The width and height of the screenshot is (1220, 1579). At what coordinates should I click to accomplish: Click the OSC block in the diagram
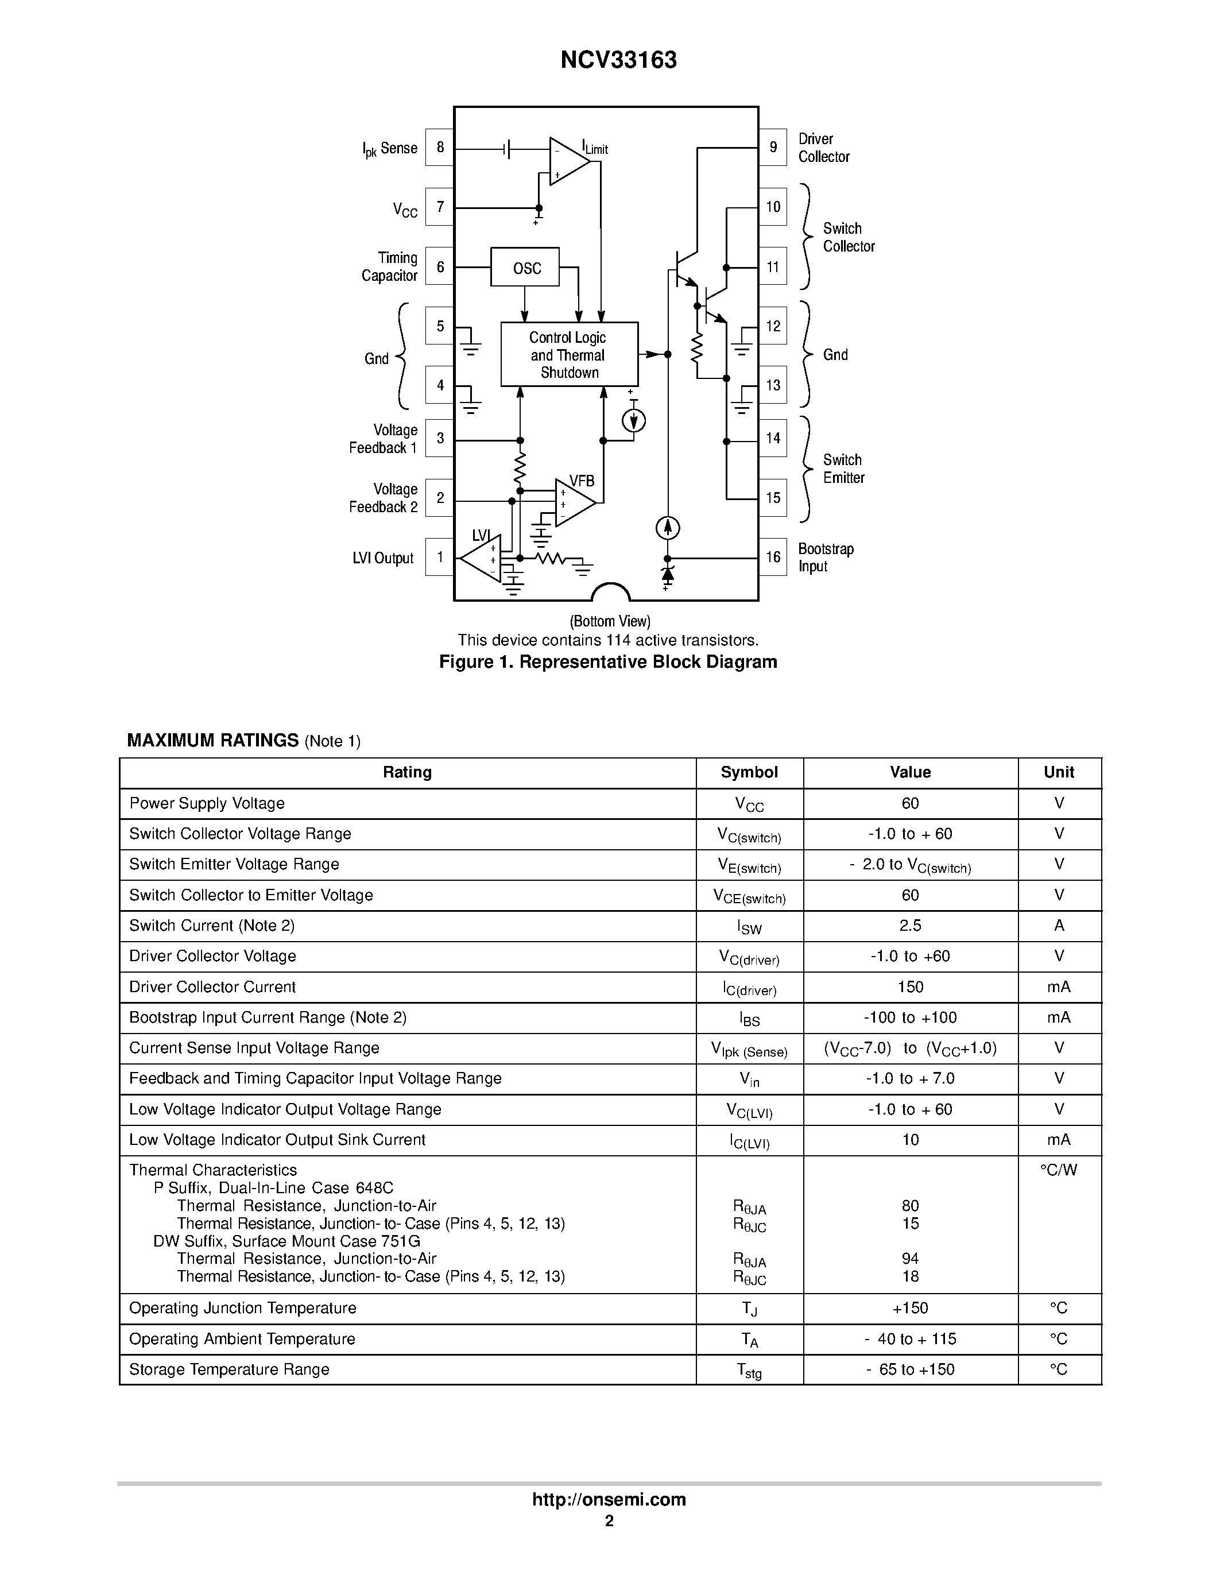525,268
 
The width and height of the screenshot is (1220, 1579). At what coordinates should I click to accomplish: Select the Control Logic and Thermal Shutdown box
569,354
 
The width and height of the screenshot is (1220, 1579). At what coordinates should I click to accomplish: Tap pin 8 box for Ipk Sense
439,148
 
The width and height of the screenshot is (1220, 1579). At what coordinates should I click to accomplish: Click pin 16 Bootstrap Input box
773,557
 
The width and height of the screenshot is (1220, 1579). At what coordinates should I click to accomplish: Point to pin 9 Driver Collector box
773,148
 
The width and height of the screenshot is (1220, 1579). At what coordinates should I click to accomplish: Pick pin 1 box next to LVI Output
439,557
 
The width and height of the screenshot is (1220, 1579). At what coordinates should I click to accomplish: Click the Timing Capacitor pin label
390,267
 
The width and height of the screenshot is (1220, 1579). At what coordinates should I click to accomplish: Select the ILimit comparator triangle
568,161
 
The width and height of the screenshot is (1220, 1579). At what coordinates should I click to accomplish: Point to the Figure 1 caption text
608,662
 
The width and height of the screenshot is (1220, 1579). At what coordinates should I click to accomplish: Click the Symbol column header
749,772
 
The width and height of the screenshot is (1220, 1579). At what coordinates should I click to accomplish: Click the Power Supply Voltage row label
207,803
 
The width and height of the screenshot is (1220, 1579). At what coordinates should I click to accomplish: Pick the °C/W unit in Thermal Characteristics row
1058,1170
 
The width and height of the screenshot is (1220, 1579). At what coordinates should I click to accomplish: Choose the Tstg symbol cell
749,1370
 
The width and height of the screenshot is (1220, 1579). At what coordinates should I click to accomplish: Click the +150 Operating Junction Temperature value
910,1308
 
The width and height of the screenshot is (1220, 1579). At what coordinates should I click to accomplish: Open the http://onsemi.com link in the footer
609,1499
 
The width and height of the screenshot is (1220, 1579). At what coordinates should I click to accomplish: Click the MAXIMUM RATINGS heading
213,740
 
